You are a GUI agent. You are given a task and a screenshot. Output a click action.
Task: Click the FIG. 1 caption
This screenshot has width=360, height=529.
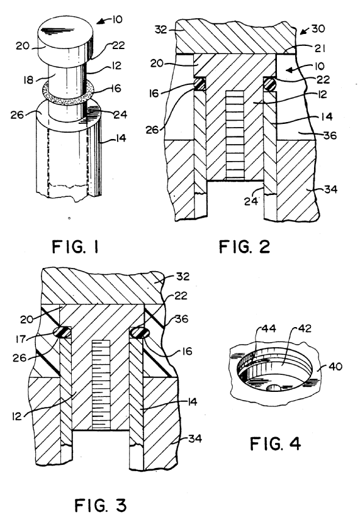click(75, 247)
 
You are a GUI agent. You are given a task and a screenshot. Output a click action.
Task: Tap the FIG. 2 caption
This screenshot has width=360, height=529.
click(244, 247)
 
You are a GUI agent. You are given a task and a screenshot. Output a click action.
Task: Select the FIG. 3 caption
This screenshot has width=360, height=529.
click(100, 505)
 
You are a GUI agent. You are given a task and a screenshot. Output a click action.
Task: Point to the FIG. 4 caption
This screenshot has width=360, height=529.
click(275, 443)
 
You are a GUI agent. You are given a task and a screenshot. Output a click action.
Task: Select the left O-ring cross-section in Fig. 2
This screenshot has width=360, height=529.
click(200, 84)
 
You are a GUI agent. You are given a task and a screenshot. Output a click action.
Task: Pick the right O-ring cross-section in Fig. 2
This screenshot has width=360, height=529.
click(269, 84)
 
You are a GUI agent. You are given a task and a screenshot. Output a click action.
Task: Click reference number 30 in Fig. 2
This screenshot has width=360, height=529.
click(318, 29)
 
